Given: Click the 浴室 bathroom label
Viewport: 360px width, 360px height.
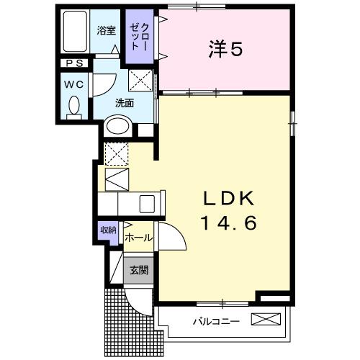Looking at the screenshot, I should (107, 30).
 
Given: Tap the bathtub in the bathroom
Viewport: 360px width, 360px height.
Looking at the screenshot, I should (75, 32).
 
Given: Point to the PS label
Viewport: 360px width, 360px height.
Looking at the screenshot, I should (73, 63).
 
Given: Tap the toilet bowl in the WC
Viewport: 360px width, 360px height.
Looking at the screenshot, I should (73, 106).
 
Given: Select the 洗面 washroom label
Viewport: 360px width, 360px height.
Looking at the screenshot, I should (125, 102).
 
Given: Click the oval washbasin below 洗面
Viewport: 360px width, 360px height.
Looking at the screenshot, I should (117, 127).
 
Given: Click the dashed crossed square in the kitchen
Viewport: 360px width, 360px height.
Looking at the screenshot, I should (115, 153).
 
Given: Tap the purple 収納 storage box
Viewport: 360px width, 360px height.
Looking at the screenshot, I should (108, 230).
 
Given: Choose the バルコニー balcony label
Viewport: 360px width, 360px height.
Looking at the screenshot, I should (215, 320).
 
